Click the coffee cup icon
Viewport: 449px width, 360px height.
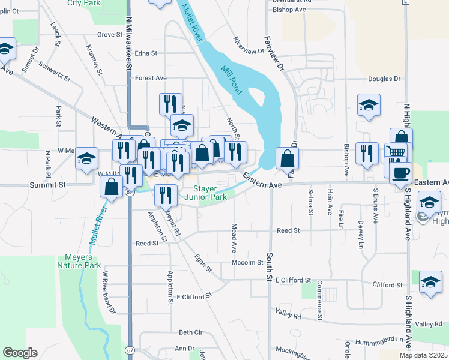400,173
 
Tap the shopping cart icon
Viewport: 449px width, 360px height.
396,153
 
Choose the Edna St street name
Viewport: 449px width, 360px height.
146,53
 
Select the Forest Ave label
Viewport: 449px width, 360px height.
151,78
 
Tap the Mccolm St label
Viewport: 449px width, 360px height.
248,262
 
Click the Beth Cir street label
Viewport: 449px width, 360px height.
190,332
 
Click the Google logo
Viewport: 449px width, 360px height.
20,353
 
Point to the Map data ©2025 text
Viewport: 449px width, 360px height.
423,355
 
